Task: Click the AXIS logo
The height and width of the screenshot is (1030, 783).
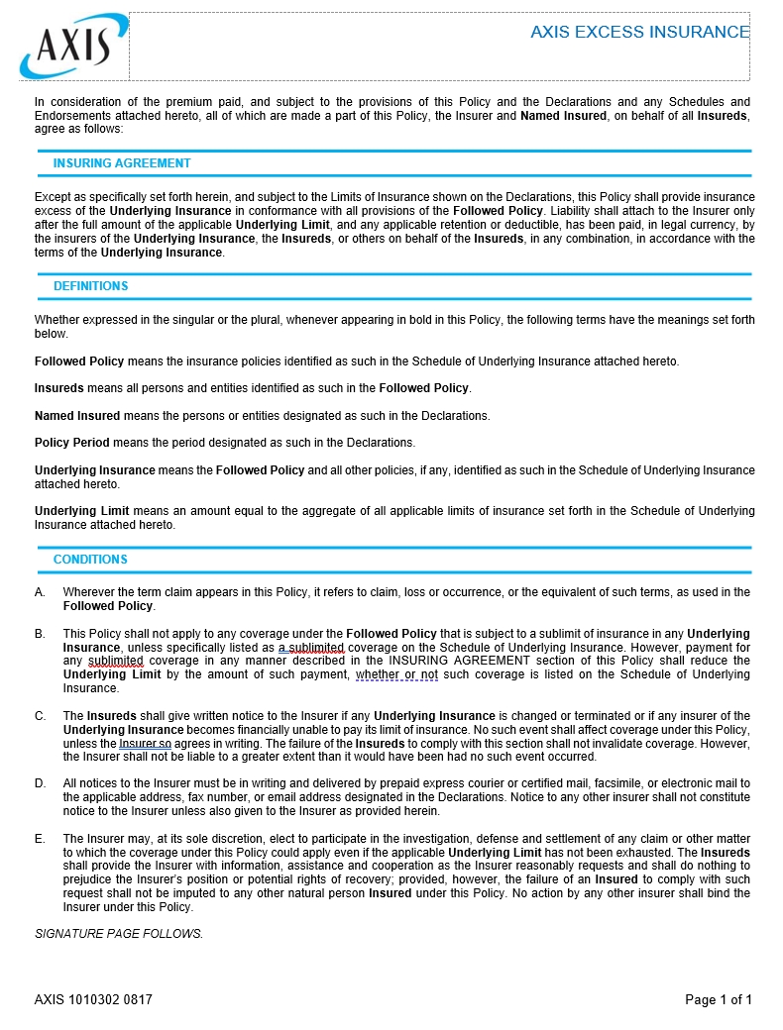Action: [72, 47]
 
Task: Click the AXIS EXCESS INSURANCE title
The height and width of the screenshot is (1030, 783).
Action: [639, 32]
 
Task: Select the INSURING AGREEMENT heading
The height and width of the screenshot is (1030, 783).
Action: [122, 163]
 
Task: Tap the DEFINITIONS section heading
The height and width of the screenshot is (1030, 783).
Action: [91, 286]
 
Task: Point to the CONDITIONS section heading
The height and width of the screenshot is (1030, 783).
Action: [90, 560]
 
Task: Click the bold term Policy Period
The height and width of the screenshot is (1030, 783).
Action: [72, 443]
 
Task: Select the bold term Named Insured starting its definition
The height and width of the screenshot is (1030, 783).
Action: [77, 416]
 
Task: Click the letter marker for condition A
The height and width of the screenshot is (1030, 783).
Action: [40, 592]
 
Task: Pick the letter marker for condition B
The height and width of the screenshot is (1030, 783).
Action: [40, 634]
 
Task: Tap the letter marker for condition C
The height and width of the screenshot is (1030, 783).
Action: [40, 716]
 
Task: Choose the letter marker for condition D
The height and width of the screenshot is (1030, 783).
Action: [40, 783]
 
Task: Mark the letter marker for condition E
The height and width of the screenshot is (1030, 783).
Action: [40, 839]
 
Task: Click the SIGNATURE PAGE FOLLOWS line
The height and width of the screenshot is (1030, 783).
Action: [119, 933]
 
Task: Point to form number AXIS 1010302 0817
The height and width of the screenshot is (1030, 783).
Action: [93, 999]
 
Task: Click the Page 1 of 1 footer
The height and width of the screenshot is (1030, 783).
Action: [719, 999]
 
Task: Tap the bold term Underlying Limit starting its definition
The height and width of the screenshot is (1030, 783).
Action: [82, 511]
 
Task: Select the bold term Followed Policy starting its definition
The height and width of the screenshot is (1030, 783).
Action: [79, 361]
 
